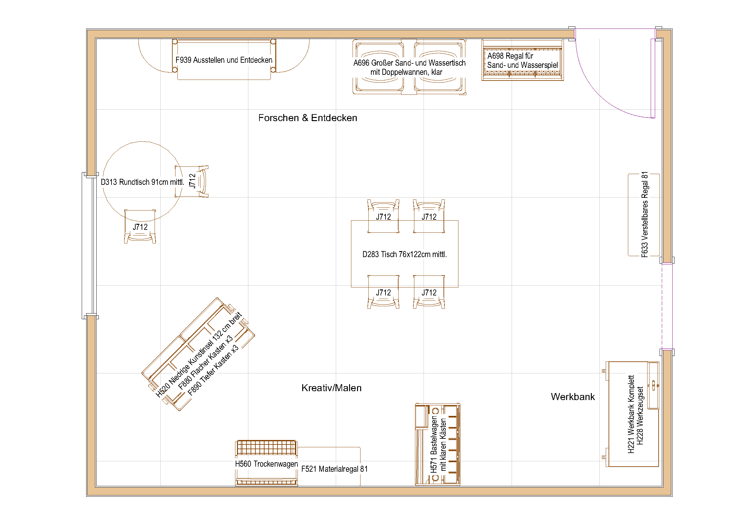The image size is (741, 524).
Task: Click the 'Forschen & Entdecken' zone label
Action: [x=308, y=118]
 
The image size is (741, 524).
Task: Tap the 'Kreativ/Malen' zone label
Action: [x=331, y=388]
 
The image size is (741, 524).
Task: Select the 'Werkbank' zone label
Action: [x=572, y=397]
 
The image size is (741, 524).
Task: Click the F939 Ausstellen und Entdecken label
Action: [x=224, y=60]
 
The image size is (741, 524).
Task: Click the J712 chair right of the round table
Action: [x=194, y=181]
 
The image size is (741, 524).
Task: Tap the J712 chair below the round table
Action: [x=140, y=228]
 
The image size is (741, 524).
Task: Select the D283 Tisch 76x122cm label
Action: [x=404, y=255]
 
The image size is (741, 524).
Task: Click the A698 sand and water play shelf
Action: [x=522, y=60]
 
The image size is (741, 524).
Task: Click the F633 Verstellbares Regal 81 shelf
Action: [x=644, y=215]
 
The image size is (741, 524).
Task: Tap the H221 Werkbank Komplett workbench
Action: [x=632, y=414]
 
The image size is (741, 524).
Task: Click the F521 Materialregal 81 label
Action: [x=334, y=469]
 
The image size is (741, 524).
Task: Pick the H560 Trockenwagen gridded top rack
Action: [x=266, y=448]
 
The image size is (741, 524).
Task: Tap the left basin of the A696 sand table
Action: [x=380, y=67]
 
